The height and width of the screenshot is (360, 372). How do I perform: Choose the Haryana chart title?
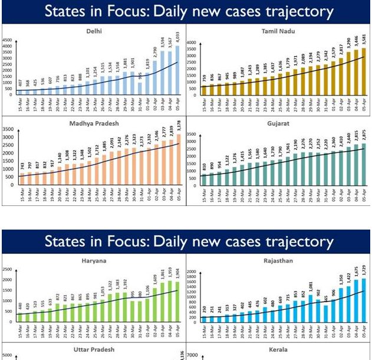[93, 260]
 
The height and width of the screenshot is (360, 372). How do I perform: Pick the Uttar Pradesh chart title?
[93, 349]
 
